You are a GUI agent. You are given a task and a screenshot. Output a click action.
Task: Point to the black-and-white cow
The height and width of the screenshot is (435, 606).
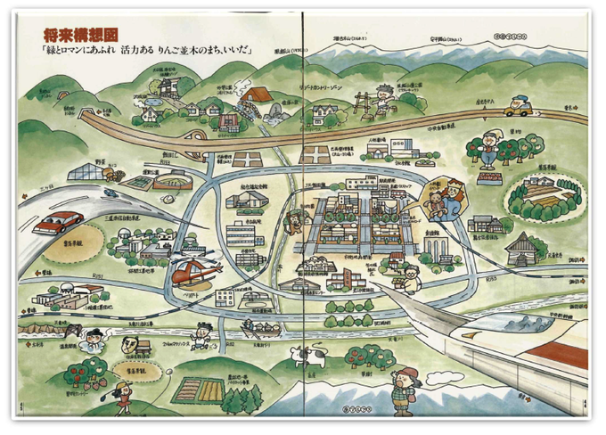(x=311, y=359)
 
